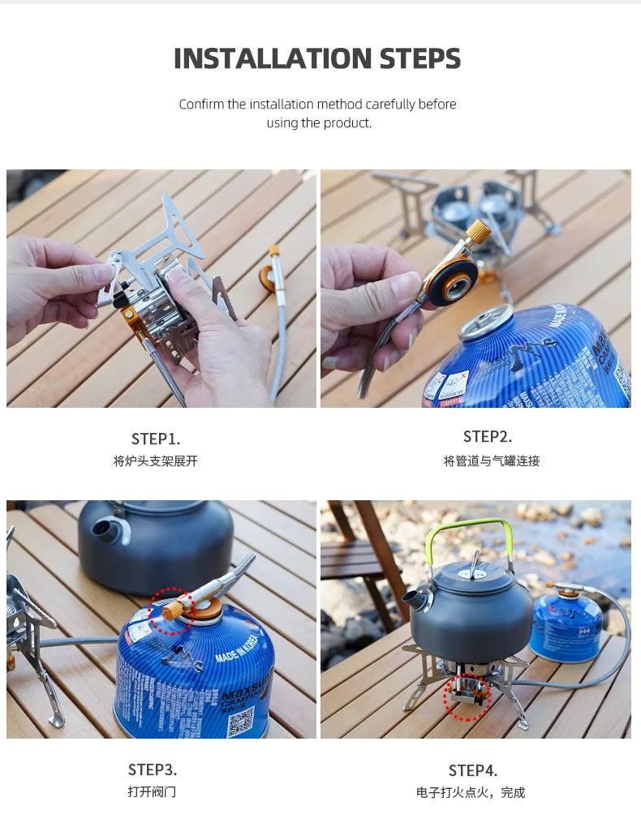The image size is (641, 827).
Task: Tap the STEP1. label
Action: [x=156, y=439]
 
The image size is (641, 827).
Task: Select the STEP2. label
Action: [x=488, y=436]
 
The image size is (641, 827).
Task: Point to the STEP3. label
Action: [x=153, y=769]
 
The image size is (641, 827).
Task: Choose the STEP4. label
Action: [x=473, y=770]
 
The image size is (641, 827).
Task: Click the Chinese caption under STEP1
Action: [x=156, y=461]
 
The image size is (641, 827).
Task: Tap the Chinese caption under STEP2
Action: [x=491, y=461]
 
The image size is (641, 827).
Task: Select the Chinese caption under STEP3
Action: [x=152, y=791]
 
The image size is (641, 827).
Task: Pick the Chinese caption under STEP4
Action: [x=471, y=792]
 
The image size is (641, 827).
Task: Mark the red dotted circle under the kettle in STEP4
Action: [x=467, y=696]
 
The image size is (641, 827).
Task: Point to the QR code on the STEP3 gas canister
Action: [x=239, y=721]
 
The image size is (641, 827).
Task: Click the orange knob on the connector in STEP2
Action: [x=476, y=232]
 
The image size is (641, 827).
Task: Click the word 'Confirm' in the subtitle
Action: [x=202, y=104]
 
